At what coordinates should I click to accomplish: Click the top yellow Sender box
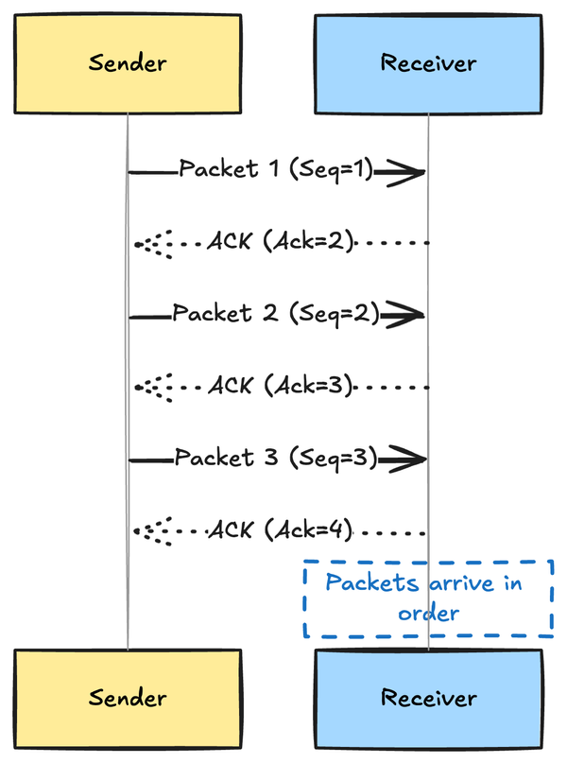pos(128,64)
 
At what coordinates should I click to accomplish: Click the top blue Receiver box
pos(428,64)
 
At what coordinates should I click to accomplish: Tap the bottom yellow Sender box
pos(128,699)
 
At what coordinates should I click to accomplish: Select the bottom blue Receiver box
pos(428,699)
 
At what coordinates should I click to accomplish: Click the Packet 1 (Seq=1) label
pos(277,170)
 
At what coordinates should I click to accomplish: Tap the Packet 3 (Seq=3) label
pos(275,459)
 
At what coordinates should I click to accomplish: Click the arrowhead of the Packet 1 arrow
pos(404,172)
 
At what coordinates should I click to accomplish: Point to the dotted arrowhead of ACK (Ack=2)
pos(151,244)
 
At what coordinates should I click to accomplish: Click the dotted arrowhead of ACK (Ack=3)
pos(151,388)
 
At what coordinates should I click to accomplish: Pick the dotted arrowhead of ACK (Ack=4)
pos(151,531)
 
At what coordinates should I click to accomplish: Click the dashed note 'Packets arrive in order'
pos(428,598)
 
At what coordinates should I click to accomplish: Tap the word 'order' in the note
pos(428,614)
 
